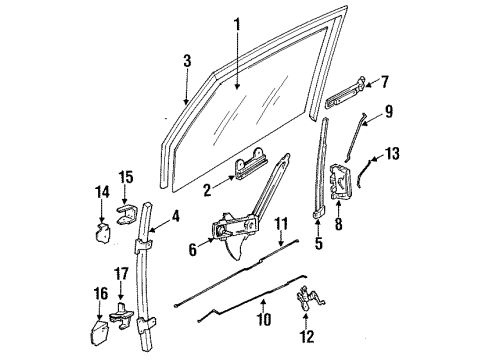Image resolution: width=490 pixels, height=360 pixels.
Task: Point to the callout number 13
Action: click(x=391, y=155)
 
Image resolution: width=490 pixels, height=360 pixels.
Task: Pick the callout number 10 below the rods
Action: click(x=263, y=322)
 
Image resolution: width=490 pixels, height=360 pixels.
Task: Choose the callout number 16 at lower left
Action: click(x=101, y=296)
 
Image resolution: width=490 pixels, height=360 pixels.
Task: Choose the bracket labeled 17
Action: click(x=124, y=314)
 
